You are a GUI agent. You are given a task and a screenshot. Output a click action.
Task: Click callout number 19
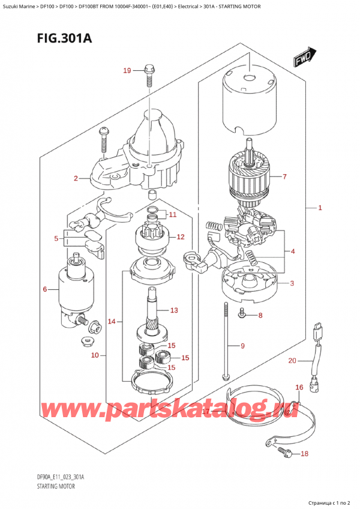[x=127, y=71]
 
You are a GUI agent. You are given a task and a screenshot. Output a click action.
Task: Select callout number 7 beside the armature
[x=284, y=177]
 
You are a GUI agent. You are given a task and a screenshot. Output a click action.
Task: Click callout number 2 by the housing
[x=76, y=178]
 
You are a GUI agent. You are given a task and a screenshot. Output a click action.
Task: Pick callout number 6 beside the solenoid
[x=44, y=290]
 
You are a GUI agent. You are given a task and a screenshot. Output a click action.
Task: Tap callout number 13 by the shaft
[x=174, y=310]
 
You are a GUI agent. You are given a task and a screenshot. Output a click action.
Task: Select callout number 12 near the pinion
[x=180, y=237]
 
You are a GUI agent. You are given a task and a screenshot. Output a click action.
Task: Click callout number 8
[x=259, y=315]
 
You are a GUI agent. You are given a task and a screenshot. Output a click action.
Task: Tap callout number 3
[x=292, y=283]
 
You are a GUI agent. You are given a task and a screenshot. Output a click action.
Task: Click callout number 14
[x=111, y=322]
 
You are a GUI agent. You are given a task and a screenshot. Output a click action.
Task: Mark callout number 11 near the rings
[x=172, y=215]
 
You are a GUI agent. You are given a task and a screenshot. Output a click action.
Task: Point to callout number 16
[x=298, y=388]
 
